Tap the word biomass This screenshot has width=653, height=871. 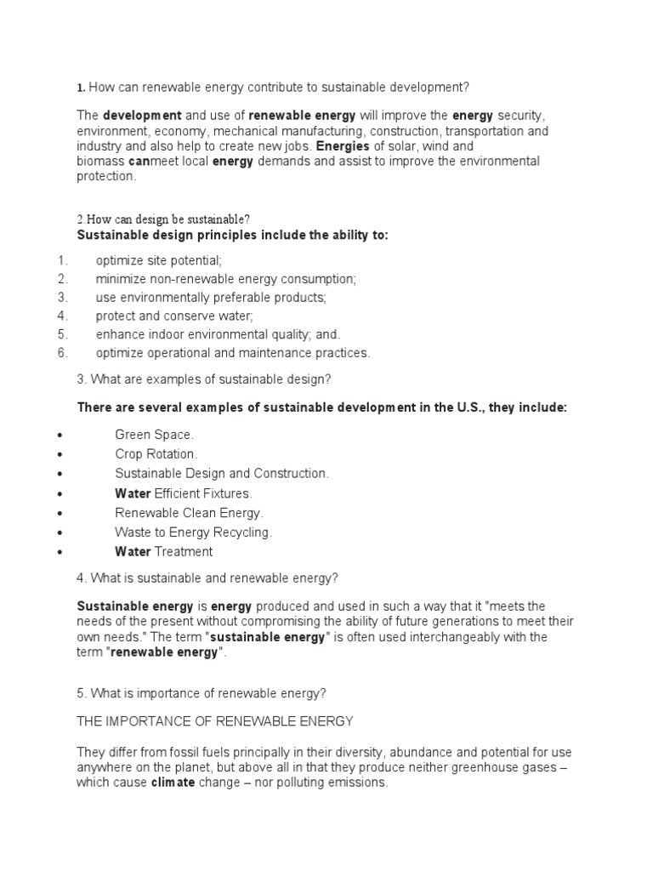[100, 162]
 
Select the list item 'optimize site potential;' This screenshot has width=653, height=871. [159, 261]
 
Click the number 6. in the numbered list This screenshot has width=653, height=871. [62, 353]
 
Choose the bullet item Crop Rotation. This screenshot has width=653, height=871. [156, 454]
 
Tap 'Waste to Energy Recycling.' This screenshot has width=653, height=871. [193, 532]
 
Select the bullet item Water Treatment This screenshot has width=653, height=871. [163, 552]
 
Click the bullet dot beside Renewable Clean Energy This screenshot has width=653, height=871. [59, 513]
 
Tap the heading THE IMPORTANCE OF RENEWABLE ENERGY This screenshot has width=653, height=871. [215, 721]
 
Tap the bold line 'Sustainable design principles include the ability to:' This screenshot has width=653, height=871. [232, 235]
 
